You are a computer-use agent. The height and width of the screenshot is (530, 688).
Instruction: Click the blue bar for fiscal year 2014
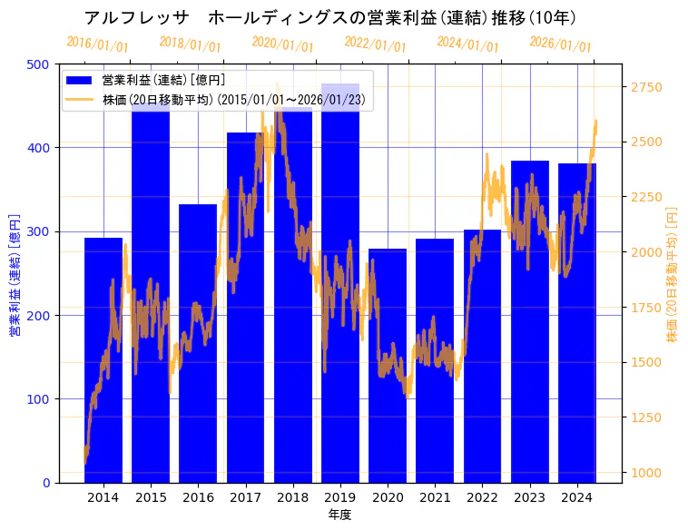(x=103, y=363)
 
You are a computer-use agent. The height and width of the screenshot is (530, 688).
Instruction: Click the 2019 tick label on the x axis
(x=340, y=497)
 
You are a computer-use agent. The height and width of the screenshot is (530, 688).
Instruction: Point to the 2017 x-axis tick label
(x=245, y=497)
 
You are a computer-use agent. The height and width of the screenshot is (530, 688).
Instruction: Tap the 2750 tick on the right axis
(x=647, y=87)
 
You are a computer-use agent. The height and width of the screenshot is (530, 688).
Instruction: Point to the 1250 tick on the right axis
(x=647, y=417)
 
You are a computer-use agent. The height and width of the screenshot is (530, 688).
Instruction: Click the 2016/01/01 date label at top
(x=98, y=44)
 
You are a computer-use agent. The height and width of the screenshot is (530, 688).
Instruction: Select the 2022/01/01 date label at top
(x=375, y=44)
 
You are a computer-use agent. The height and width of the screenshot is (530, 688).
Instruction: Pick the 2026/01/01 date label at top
(x=560, y=44)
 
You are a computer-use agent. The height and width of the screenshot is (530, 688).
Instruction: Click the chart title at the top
(x=330, y=18)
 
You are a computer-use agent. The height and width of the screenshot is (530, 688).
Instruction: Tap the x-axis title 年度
(x=339, y=515)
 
